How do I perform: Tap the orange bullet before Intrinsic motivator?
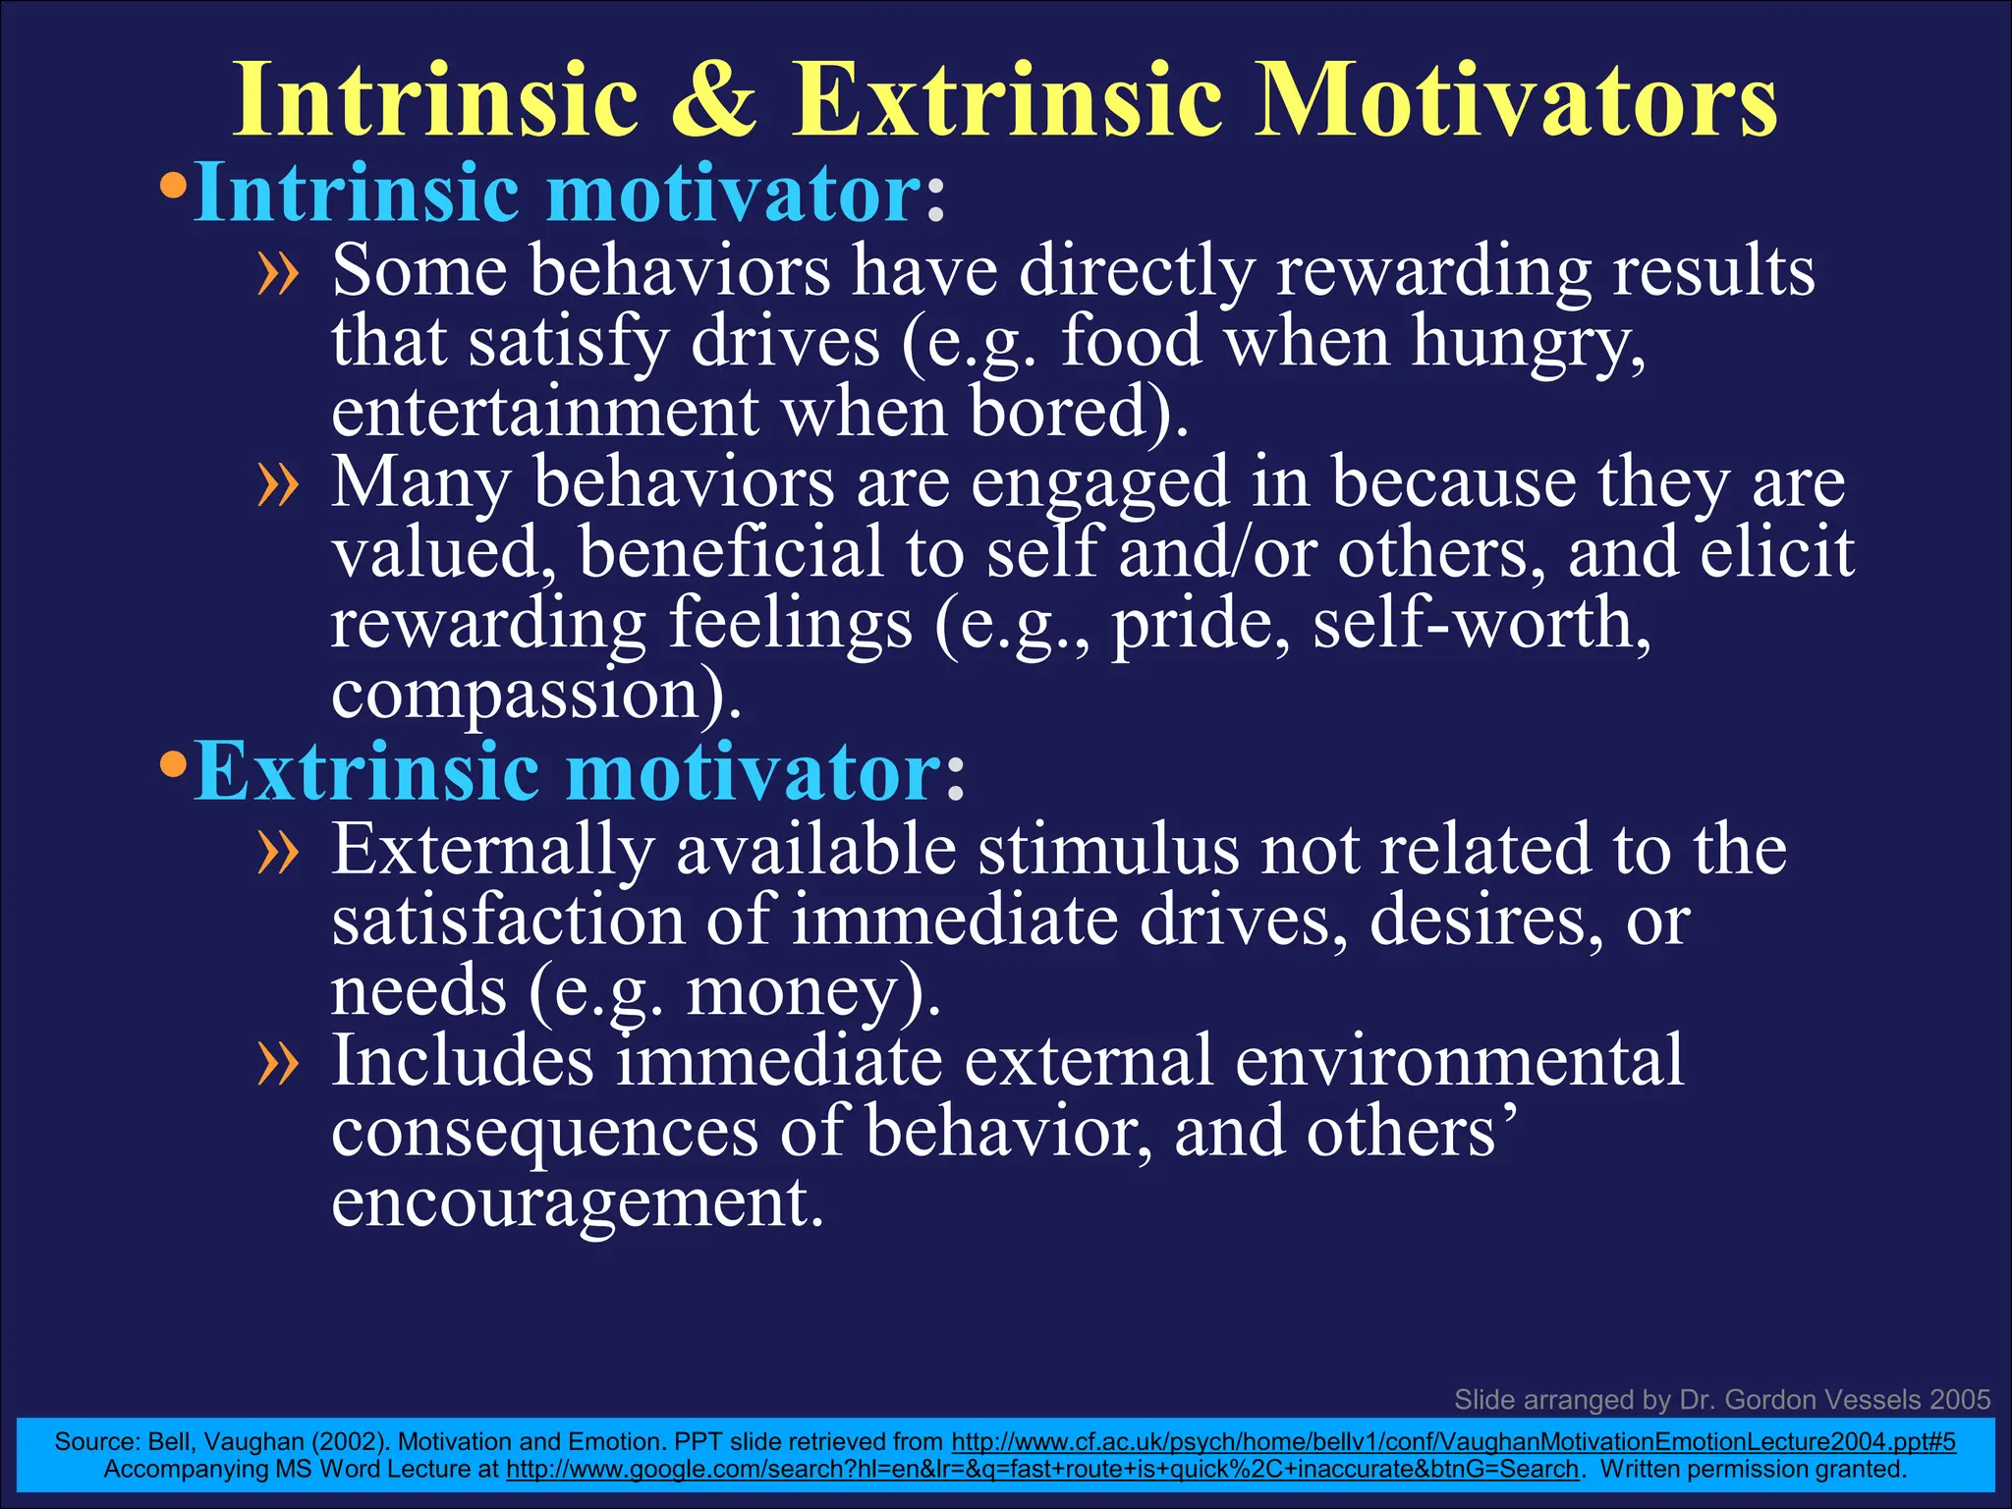click(173, 186)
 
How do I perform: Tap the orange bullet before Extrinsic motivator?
click(173, 763)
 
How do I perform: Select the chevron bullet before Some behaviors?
click(277, 274)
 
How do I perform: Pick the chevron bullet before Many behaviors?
click(277, 485)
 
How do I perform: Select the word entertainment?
click(545, 413)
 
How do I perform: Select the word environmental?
click(1459, 1063)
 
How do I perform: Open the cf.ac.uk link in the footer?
click(1453, 1442)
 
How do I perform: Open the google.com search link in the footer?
click(1041, 1470)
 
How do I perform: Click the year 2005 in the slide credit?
click(1959, 1400)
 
